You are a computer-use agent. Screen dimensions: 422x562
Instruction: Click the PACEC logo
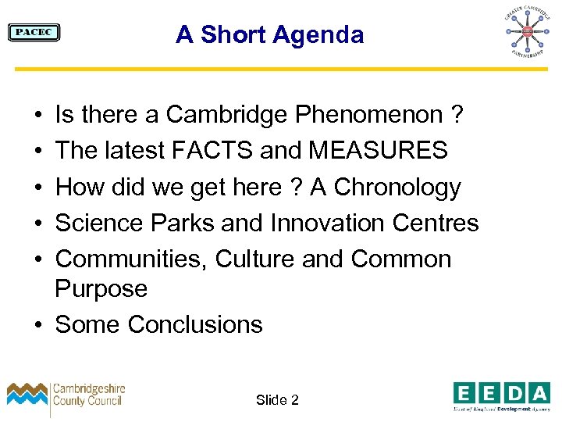click(34, 32)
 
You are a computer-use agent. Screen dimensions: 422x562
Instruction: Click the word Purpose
click(101, 289)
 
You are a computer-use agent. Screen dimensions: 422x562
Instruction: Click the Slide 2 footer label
click(277, 400)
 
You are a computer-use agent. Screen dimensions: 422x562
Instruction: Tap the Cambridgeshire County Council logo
click(66, 395)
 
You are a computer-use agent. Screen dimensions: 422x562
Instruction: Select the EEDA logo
click(501, 395)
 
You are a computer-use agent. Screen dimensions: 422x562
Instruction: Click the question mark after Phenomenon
click(457, 116)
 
